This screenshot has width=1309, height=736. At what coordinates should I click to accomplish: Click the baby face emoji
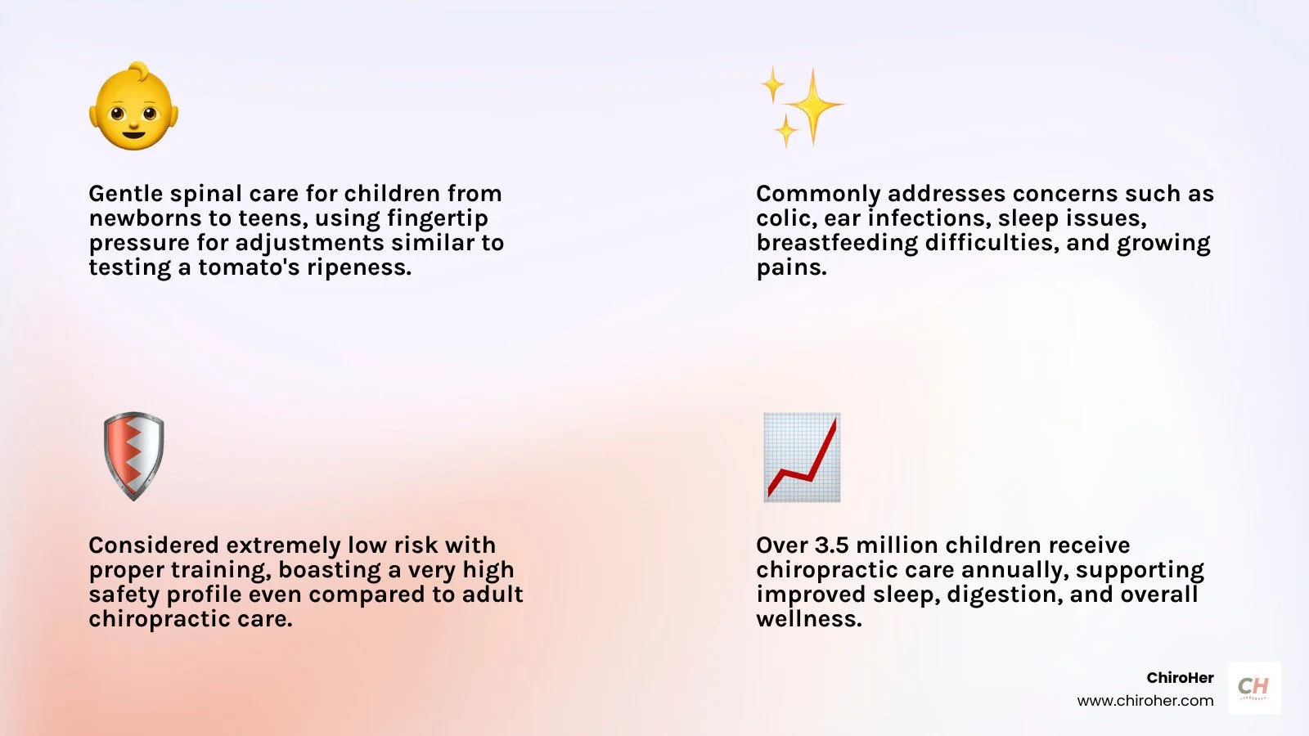[x=134, y=105]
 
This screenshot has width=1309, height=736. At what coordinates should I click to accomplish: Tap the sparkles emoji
[x=803, y=106]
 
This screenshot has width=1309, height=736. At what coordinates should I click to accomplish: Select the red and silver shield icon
[x=134, y=456]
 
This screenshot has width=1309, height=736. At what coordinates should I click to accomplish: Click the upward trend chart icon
[x=803, y=457]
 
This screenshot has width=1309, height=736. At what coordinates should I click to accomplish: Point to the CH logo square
[x=1254, y=688]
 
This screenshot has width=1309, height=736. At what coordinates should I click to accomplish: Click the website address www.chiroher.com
[x=1145, y=700]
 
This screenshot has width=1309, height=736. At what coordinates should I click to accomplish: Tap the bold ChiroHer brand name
[x=1180, y=678]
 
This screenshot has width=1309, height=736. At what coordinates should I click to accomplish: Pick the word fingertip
[x=438, y=219]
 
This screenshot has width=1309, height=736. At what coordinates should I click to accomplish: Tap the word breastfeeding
[x=837, y=244]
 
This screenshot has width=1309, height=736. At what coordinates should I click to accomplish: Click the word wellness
[x=809, y=618]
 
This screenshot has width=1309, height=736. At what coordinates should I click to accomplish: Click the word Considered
[x=156, y=545]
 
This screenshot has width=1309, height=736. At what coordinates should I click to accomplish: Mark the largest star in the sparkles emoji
[x=813, y=106]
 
